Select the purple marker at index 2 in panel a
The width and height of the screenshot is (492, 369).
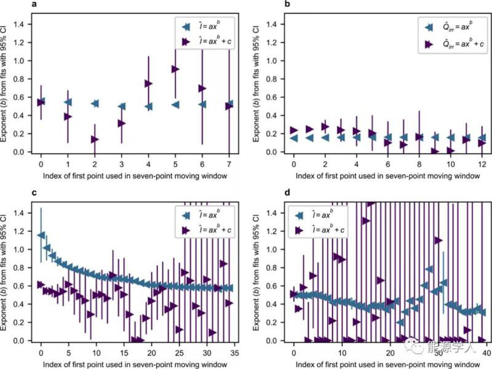click(x=95, y=140)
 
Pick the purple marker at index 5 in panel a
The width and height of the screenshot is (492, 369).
click(x=175, y=69)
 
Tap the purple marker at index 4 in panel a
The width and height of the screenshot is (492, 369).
click(x=148, y=84)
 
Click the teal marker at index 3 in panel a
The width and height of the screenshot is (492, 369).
click(x=121, y=106)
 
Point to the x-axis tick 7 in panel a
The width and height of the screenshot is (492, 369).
click(x=229, y=165)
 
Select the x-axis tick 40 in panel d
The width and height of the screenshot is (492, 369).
click(x=486, y=352)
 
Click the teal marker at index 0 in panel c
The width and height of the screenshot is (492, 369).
click(x=41, y=235)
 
